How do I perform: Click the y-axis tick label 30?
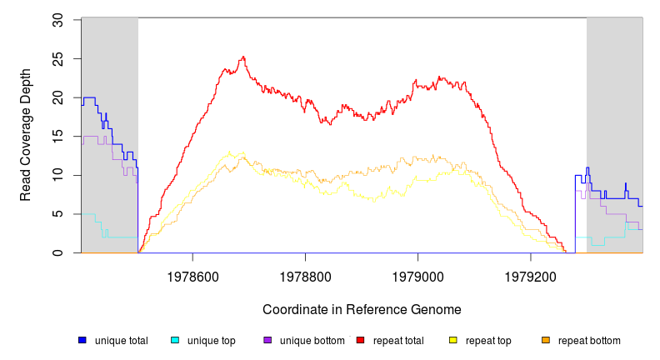[58, 19]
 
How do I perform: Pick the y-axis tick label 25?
[58, 58]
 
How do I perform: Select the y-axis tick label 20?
[58, 97]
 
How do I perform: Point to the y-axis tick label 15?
[58, 137]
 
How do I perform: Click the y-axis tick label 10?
[58, 175]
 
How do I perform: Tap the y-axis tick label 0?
[58, 253]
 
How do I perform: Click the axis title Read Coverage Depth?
[26, 137]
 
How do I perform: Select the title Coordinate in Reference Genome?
[362, 309]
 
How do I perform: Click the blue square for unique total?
[82, 340]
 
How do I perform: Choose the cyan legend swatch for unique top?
[175, 340]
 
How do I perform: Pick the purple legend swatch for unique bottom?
[267, 340]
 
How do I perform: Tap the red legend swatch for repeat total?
[360, 340]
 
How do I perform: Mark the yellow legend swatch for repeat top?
[453, 340]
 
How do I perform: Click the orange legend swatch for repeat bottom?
[546, 340]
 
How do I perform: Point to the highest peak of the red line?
[242, 57]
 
